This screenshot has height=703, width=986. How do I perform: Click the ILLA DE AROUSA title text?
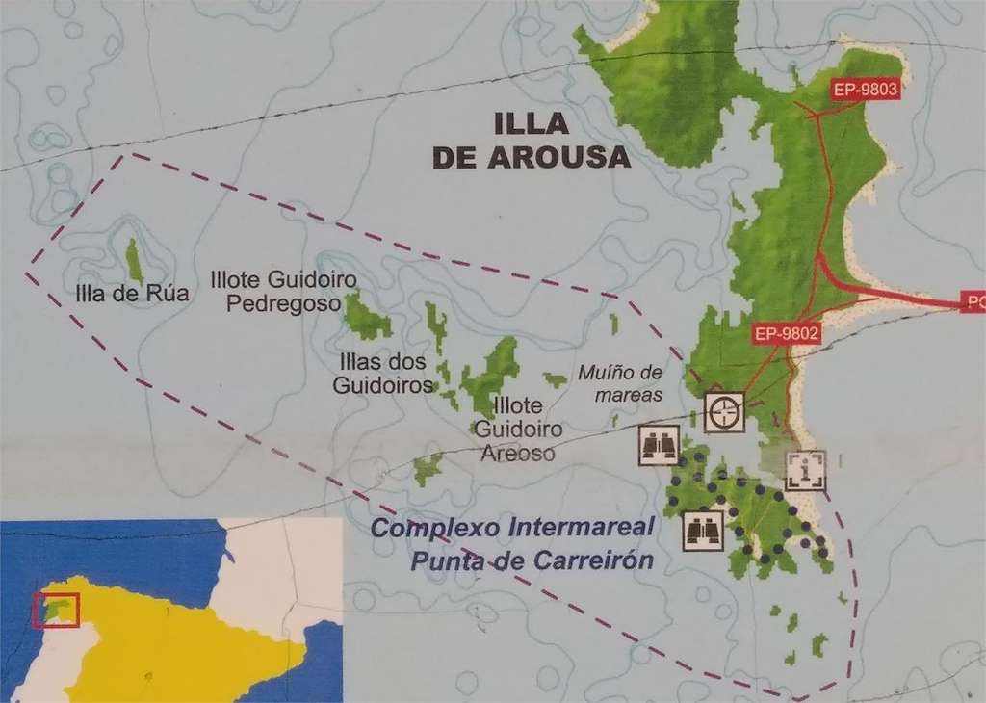pyautogui.click(x=532, y=141)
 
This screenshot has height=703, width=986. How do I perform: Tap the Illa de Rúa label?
pyautogui.click(x=131, y=294)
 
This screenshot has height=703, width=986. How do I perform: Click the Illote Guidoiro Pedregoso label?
pyautogui.click(x=283, y=292)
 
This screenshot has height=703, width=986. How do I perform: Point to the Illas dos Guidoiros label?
pyautogui.click(x=383, y=374)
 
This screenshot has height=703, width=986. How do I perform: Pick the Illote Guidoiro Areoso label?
pyautogui.click(x=518, y=429)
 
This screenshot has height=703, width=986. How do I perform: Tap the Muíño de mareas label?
pyautogui.click(x=621, y=383)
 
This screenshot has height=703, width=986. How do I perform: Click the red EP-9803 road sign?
pyautogui.click(x=865, y=91)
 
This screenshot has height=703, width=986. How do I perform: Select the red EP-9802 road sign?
pyautogui.click(x=787, y=334)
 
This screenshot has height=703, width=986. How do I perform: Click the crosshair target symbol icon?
pyautogui.click(x=724, y=412)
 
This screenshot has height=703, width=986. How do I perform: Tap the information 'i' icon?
pyautogui.click(x=805, y=470)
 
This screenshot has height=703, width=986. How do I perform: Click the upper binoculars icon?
pyautogui.click(x=659, y=445)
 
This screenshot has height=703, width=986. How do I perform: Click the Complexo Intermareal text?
pyautogui.click(x=512, y=528)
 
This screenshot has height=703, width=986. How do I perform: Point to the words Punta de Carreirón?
pyautogui.click(x=532, y=560)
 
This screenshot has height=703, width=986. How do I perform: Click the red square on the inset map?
pyautogui.click(x=56, y=611)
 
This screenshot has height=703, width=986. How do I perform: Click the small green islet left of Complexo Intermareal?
pyautogui.click(x=427, y=469)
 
